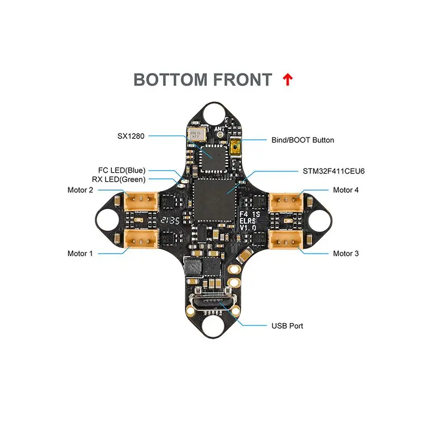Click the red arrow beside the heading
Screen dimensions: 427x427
pyautogui.click(x=288, y=80)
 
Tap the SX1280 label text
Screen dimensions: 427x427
pyautogui.click(x=131, y=136)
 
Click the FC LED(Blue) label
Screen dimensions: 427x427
pyautogui.click(x=122, y=170)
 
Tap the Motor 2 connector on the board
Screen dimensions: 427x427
pyautogui.click(x=141, y=201)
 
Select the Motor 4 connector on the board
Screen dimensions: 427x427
pyautogui.click(x=285, y=201)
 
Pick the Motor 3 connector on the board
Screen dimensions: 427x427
pyautogui.click(x=285, y=239)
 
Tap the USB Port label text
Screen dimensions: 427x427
pyautogui.click(x=287, y=326)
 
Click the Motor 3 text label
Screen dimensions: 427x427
pyautogui.click(x=346, y=253)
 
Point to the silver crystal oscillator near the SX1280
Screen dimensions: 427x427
pyautogui.click(x=195, y=134)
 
